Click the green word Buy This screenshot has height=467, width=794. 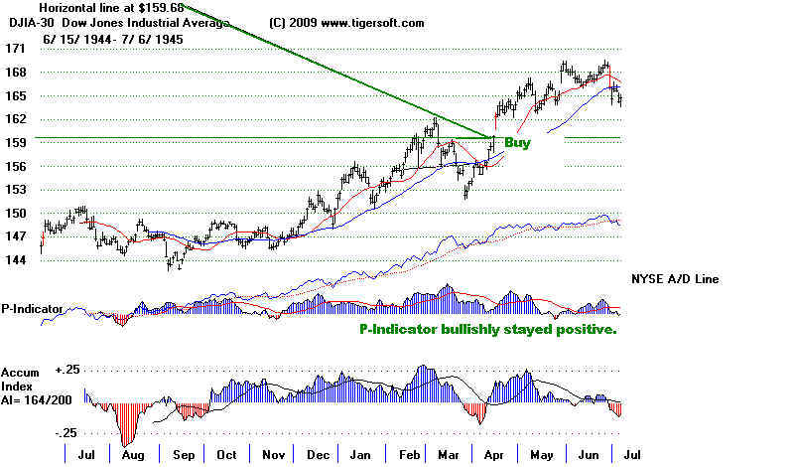[x=517, y=143]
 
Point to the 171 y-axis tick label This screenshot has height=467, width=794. [x=15, y=48]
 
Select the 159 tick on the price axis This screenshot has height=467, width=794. [x=15, y=141]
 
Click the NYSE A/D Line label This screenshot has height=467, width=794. [x=674, y=279]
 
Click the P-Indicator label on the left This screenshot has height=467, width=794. [x=33, y=308]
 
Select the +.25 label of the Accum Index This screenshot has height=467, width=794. [x=66, y=369]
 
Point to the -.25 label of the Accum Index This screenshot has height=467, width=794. [x=66, y=433]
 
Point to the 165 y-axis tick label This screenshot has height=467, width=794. [x=15, y=95]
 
